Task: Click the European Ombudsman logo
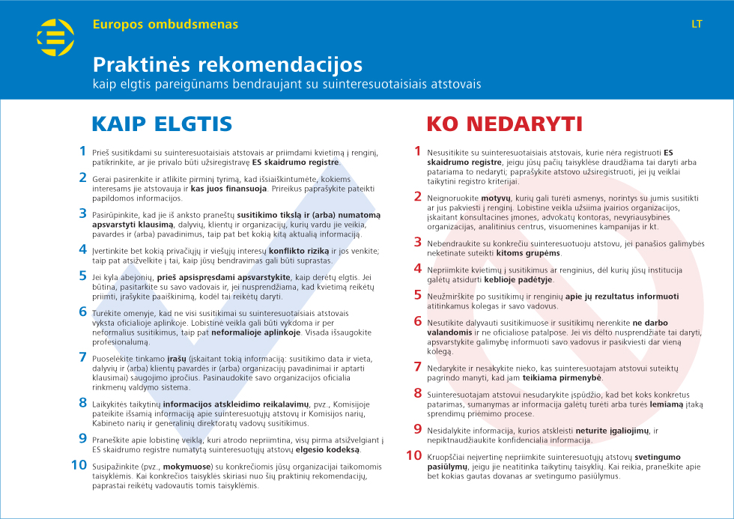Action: [x=55, y=38]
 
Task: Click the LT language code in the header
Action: [x=697, y=24]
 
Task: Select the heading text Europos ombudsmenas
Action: [x=166, y=24]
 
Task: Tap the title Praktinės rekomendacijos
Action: [x=227, y=64]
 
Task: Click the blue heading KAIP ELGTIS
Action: [x=162, y=124]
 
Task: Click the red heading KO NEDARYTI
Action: [x=505, y=124]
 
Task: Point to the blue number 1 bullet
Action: [x=83, y=151]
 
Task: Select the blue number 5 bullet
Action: [x=83, y=276]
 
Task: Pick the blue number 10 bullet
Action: [x=79, y=465]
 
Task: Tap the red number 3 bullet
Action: [x=418, y=242]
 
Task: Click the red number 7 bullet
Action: [x=418, y=367]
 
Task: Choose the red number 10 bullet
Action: [x=414, y=455]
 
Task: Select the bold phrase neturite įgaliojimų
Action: [x=611, y=431]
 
